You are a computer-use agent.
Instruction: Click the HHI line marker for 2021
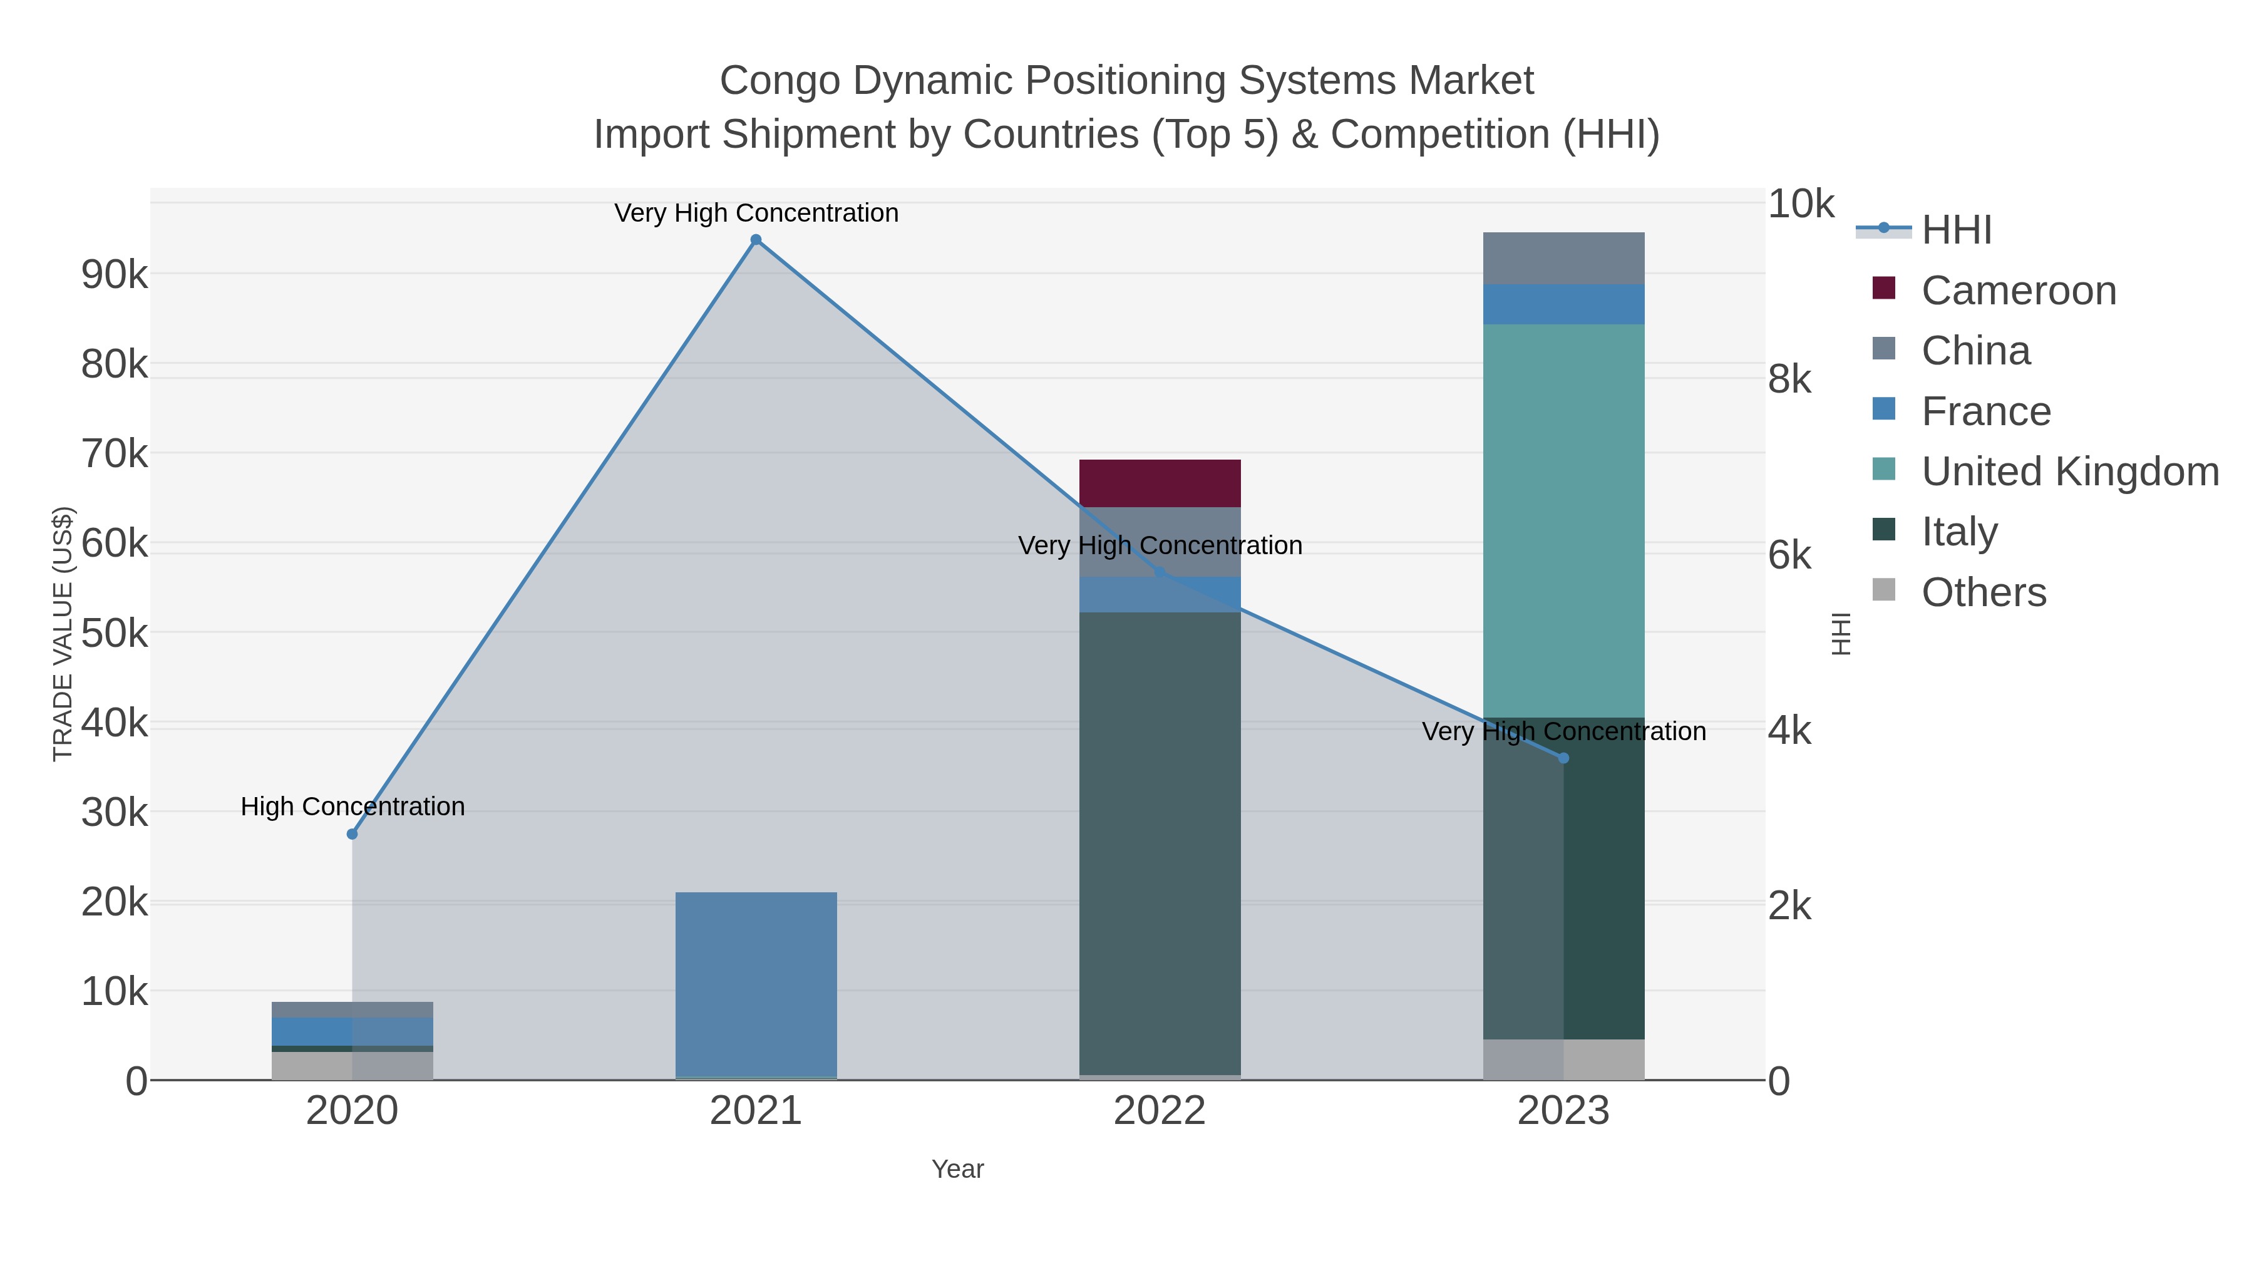coord(756,240)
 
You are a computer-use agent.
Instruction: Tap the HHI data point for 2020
coord(353,834)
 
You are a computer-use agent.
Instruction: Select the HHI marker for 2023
coord(1563,758)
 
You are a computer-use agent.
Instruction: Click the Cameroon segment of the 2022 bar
coord(1160,483)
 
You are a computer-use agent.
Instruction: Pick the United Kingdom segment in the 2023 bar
coord(1563,521)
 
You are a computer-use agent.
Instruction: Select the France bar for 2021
coord(756,984)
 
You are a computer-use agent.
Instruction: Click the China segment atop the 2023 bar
coord(1563,258)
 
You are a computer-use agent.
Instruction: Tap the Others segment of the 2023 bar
coord(1563,1059)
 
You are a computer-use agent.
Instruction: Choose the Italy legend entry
coord(1959,531)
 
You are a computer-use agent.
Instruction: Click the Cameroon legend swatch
coord(1884,289)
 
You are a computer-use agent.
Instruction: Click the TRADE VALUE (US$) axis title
coord(63,634)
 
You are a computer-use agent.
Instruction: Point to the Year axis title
coord(957,1169)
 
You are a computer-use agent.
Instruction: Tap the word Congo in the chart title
coord(779,81)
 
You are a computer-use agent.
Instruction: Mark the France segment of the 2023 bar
coord(1563,304)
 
